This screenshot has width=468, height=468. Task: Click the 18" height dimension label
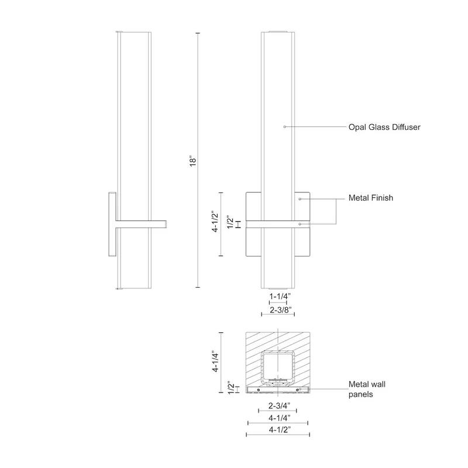coord(193,161)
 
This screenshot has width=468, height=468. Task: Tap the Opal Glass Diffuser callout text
coord(384,127)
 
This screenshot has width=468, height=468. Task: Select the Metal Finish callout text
coord(371,198)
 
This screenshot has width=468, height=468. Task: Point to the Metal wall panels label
coord(367,389)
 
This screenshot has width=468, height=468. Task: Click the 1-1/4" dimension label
coord(280,297)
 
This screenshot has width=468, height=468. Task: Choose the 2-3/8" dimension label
coord(281,310)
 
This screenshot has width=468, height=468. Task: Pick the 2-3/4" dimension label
coord(279,406)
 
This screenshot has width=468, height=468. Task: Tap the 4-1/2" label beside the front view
coord(215,222)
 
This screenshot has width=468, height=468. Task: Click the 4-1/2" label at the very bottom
coord(280,430)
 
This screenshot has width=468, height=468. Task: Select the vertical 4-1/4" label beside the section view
coord(215,362)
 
